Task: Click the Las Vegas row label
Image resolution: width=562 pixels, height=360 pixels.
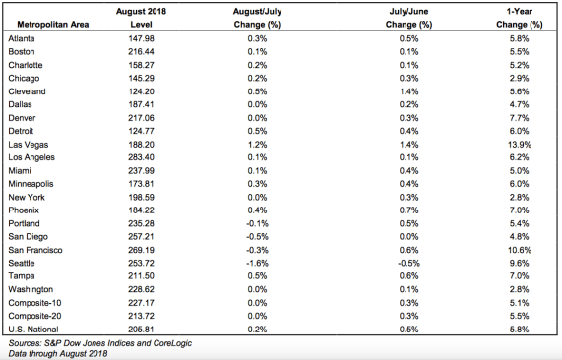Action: (29, 145)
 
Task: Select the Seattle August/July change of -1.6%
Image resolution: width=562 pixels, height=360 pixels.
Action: (257, 263)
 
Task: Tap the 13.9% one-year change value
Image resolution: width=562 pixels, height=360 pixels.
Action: (520, 145)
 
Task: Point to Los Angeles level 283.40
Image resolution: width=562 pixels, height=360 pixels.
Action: (141, 157)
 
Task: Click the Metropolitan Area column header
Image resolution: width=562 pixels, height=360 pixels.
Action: (53, 25)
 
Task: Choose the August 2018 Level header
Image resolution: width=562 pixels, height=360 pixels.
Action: (141, 18)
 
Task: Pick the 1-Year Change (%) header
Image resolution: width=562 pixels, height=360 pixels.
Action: (520, 18)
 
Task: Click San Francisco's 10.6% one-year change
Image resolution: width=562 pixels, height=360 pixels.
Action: (520, 250)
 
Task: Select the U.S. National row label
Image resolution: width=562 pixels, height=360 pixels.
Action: (33, 330)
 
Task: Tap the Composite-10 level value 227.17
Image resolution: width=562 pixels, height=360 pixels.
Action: (141, 303)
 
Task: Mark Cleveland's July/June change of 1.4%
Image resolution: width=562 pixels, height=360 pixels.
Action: (409, 91)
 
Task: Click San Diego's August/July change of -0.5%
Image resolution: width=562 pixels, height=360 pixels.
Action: (257, 237)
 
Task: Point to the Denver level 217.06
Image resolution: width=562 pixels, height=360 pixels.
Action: (141, 118)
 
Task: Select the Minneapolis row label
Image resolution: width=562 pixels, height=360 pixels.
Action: (31, 184)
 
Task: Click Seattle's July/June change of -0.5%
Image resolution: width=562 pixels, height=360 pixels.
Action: (409, 263)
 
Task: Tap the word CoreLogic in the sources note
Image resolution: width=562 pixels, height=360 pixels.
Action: (172, 343)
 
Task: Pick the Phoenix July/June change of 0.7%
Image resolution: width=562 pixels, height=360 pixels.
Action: (409, 210)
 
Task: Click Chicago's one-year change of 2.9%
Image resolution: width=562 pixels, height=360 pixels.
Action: (520, 78)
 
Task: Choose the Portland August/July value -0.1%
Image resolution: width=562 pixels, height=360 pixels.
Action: (257, 223)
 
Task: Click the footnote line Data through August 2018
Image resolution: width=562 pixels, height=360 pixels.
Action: (58, 354)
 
